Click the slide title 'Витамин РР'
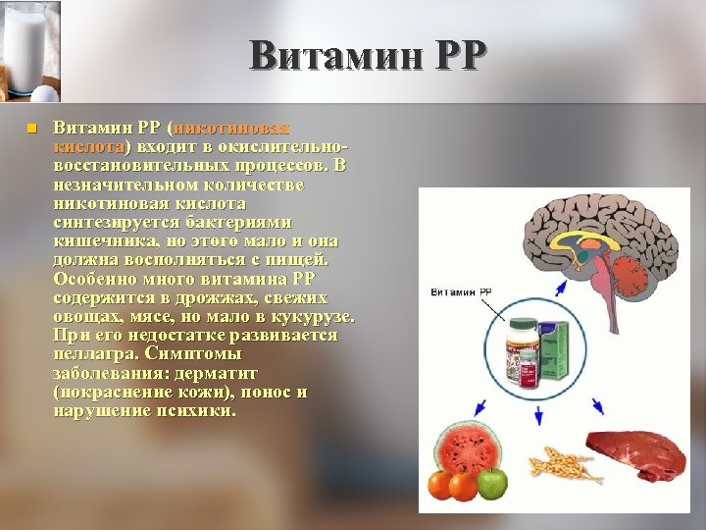point(367,55)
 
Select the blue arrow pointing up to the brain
point(559,287)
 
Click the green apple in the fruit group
point(493,482)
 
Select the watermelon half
point(468,452)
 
